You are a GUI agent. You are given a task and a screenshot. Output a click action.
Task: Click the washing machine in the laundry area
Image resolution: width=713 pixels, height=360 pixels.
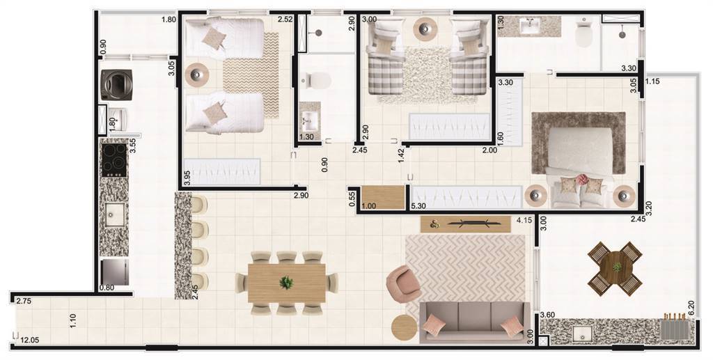(x=116, y=84)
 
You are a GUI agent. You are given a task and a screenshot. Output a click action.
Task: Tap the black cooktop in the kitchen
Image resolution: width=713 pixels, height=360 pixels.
(x=114, y=160)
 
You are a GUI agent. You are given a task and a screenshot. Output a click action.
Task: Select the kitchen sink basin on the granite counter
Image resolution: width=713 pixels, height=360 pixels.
(x=115, y=214)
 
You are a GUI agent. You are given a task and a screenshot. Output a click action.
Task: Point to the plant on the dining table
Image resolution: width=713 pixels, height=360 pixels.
(x=286, y=283)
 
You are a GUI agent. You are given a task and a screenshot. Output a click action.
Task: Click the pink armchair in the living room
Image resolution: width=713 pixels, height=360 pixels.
(x=403, y=283)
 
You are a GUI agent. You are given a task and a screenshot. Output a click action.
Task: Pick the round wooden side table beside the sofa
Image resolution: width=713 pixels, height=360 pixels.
(x=405, y=327)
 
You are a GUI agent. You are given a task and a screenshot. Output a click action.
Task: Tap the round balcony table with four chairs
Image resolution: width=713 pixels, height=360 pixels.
(x=616, y=268)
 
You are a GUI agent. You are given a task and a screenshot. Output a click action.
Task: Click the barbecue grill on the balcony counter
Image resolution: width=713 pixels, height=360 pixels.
(x=674, y=328)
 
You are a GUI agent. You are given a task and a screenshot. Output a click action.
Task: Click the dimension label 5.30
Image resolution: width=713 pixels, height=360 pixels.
(x=418, y=206)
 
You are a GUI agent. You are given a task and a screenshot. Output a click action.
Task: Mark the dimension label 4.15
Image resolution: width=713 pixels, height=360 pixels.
(x=525, y=221)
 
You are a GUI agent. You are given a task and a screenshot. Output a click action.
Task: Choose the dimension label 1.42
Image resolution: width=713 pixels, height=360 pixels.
(x=401, y=155)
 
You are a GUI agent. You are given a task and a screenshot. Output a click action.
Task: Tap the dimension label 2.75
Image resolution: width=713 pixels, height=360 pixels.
(x=23, y=301)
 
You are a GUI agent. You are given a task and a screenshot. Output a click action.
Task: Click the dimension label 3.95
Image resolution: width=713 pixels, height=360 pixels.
(x=187, y=178)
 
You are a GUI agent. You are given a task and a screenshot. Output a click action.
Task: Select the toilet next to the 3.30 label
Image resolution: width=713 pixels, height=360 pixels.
(x=584, y=33)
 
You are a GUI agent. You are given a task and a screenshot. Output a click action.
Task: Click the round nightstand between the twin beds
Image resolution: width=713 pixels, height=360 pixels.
(x=197, y=73)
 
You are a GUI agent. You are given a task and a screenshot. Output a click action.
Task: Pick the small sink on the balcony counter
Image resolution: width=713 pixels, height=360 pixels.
(x=582, y=334)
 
